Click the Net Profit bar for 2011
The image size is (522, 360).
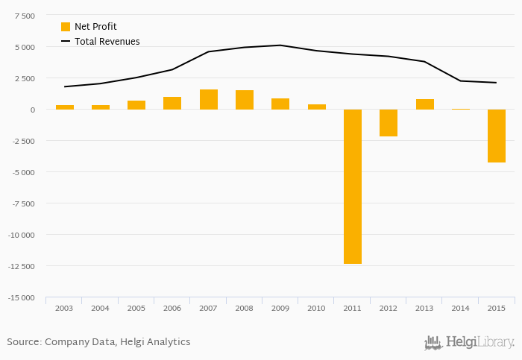[x=353, y=186]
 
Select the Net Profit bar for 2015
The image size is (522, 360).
[x=497, y=136]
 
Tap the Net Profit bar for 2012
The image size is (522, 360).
[x=389, y=123]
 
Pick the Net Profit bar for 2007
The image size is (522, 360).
[x=209, y=100]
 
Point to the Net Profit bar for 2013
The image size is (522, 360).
[x=425, y=104]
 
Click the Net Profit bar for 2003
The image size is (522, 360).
[x=65, y=107]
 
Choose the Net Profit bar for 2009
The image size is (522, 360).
[x=280, y=104]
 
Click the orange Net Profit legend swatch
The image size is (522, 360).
[x=66, y=27]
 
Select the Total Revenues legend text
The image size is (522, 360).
[x=107, y=42]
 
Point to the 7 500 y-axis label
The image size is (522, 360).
[x=25, y=16]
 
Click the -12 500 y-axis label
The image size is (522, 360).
[x=20, y=266]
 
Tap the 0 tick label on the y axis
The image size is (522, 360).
[x=32, y=110]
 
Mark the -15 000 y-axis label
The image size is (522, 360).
[x=20, y=298]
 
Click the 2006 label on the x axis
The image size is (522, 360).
[x=172, y=308]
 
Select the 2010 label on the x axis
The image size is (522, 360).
[x=316, y=308]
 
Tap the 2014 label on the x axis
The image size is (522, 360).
[x=460, y=308]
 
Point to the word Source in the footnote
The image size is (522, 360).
[x=23, y=342]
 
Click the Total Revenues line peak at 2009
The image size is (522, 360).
[x=280, y=45]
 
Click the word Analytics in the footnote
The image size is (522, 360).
[x=168, y=342]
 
